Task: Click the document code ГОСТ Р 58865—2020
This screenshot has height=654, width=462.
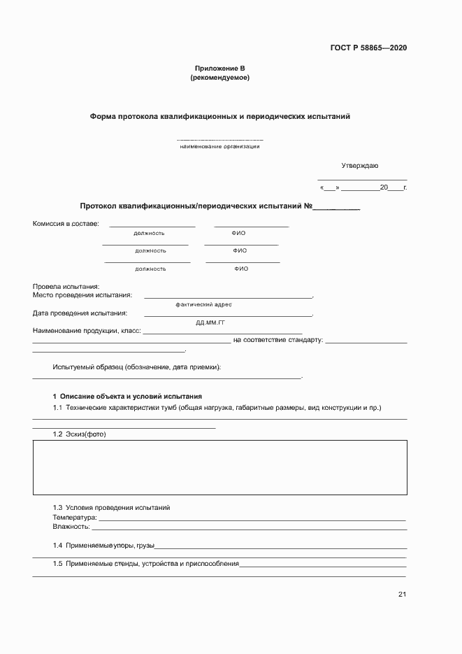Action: pos(368,48)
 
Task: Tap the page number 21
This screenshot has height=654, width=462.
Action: pos(402,595)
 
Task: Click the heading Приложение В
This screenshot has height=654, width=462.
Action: pos(219,69)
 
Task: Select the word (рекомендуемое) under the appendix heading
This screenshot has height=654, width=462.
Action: pos(219,78)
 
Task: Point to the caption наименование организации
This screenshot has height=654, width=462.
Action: pos(219,146)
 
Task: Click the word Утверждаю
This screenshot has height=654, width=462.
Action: pos(359,166)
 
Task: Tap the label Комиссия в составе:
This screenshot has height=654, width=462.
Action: pos(66,224)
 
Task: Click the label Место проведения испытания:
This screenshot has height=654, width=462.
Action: pos(82,295)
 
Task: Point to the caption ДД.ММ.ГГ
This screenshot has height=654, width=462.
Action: pos(210,322)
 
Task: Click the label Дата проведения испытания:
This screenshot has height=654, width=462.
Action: pos(80,313)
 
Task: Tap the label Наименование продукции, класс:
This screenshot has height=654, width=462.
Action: pos(87,330)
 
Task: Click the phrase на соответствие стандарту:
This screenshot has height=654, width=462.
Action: pos(277,340)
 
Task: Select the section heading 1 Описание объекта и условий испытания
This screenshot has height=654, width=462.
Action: pos(127,396)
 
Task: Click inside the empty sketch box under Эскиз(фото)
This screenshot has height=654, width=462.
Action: pos(219,468)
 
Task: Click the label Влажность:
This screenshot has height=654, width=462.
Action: pos(71,527)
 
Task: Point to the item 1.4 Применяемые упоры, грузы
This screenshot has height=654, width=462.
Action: pos(103,545)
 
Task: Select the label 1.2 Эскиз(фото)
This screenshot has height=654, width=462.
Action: pos(79,434)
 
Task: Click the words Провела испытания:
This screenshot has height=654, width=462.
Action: pos(66,286)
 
